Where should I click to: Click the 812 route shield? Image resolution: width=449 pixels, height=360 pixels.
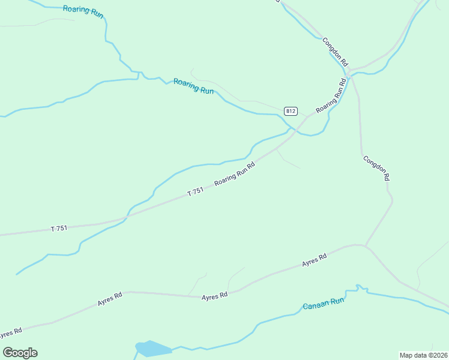pos(291,111)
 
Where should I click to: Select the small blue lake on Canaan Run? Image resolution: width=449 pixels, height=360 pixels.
pos(152,348)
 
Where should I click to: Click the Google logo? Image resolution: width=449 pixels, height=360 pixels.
pos(20,353)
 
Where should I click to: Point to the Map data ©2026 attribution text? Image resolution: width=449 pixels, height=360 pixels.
pos(423,355)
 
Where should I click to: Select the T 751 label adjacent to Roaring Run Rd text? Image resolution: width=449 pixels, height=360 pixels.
pos(196,191)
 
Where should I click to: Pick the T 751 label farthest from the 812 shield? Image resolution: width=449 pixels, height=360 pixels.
pos(59,228)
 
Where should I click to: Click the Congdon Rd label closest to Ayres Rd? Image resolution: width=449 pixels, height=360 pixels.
pos(376,168)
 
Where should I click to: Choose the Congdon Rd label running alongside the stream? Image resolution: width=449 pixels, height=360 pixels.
pos(335,52)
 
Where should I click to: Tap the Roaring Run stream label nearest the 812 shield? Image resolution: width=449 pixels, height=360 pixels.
pos(193,86)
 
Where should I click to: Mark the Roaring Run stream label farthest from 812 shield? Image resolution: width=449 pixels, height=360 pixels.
pos(83,11)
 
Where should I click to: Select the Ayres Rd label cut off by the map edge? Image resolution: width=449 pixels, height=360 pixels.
pos(9,332)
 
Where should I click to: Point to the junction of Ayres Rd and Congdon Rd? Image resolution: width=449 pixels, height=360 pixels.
pos(365,245)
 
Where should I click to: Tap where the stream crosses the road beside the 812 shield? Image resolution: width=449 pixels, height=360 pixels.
pos(292,129)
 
